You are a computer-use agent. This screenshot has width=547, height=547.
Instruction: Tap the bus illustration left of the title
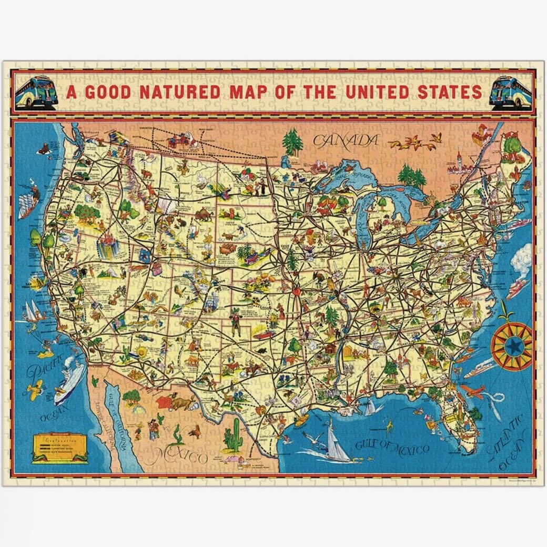[x=36, y=93]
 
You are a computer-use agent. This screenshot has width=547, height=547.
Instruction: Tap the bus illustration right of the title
[x=510, y=93]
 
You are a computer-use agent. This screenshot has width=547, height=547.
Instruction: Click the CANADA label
[x=346, y=140]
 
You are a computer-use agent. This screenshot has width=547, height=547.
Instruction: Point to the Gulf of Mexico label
[x=392, y=449]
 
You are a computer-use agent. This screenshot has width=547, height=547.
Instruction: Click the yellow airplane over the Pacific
[x=33, y=390]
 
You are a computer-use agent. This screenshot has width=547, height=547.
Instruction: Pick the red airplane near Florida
[x=472, y=391]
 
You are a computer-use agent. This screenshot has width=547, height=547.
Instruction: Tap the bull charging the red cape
[x=182, y=403]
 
